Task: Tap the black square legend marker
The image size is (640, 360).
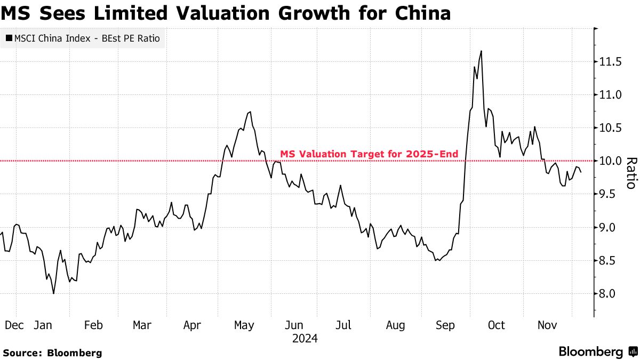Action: pos(9,38)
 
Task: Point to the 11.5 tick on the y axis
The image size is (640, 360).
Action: pos(610,62)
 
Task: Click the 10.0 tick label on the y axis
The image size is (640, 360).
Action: pos(610,161)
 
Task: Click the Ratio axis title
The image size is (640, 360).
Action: pos(630,173)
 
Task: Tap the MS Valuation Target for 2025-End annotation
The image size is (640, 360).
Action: pos(369,154)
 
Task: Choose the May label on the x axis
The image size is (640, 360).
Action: pos(244,325)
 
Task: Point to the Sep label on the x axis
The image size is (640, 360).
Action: pos(445,325)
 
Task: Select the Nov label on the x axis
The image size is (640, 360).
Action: pos(547,325)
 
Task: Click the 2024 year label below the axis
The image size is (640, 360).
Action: pos(305,338)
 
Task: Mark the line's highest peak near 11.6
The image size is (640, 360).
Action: pos(481,51)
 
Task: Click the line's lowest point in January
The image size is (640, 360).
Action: pos(53,293)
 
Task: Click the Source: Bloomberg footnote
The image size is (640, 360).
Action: pos(52,353)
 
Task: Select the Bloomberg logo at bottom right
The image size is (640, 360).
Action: pos(597,352)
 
